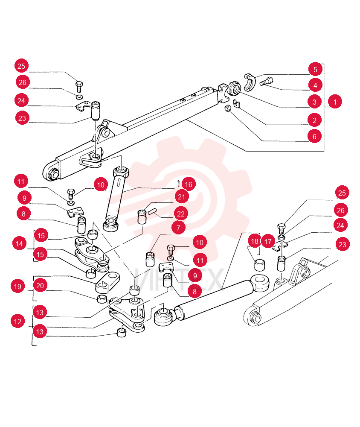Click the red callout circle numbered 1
pos(335,102)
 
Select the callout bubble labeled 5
pos(315,70)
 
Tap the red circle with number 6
pos(314,136)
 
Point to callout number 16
pos(189,184)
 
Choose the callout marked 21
pos(182,196)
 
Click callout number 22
pos(181,214)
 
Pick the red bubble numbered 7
pos(178,228)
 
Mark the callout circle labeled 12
pos(17,322)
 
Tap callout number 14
pos(19,243)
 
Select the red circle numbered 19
pos(17,286)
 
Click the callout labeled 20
pos(40,285)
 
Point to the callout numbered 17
pos(268,242)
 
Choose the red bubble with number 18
pos(255,241)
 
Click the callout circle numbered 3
pos(314,102)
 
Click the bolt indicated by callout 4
pos(267,82)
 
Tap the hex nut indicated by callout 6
pos(228,108)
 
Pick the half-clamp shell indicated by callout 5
pos(249,82)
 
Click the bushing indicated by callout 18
pos(260,265)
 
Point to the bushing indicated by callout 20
pos(102,298)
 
